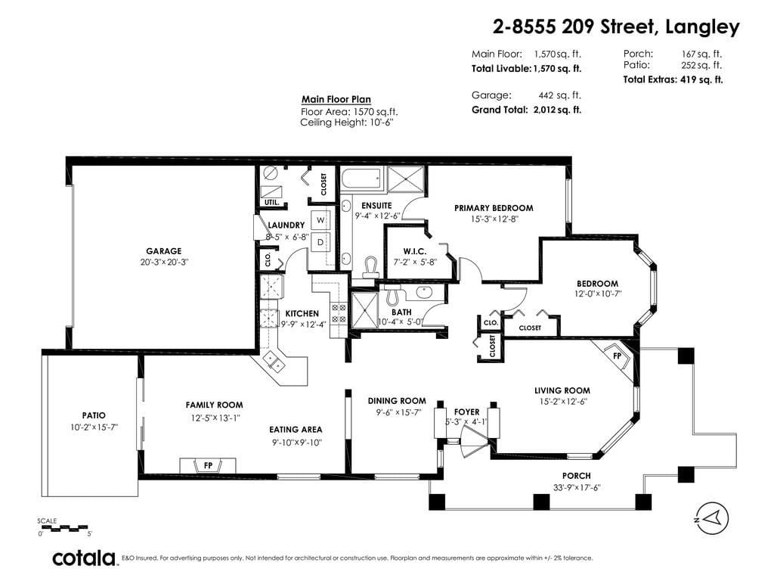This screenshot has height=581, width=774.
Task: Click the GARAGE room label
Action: [x=164, y=251]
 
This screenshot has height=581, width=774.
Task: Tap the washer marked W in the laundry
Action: [x=320, y=220]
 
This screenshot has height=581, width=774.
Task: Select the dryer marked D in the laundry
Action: [x=320, y=242]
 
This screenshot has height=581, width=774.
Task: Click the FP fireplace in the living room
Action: [x=617, y=357]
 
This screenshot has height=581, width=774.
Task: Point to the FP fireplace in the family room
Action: [x=208, y=465]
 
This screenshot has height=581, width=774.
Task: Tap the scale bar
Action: [x=63, y=527]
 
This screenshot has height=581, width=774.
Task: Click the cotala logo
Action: [x=84, y=558]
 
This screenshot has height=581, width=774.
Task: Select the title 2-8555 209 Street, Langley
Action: [x=616, y=27]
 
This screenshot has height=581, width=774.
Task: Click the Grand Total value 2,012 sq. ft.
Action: [x=557, y=110]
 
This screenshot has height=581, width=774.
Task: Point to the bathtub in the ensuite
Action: [x=362, y=178]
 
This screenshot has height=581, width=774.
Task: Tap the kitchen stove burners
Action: [x=339, y=314]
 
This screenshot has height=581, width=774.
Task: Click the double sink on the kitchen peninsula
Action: [x=273, y=361]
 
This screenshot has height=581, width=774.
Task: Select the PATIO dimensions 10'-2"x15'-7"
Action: [x=94, y=427]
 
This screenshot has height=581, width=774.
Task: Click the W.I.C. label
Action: [x=415, y=251]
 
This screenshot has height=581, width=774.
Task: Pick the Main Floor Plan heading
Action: [x=336, y=99]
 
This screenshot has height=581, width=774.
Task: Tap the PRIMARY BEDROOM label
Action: [x=494, y=208]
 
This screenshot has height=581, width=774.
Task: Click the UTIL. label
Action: [x=271, y=203]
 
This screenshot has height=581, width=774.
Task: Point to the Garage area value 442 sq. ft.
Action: [x=560, y=95]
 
